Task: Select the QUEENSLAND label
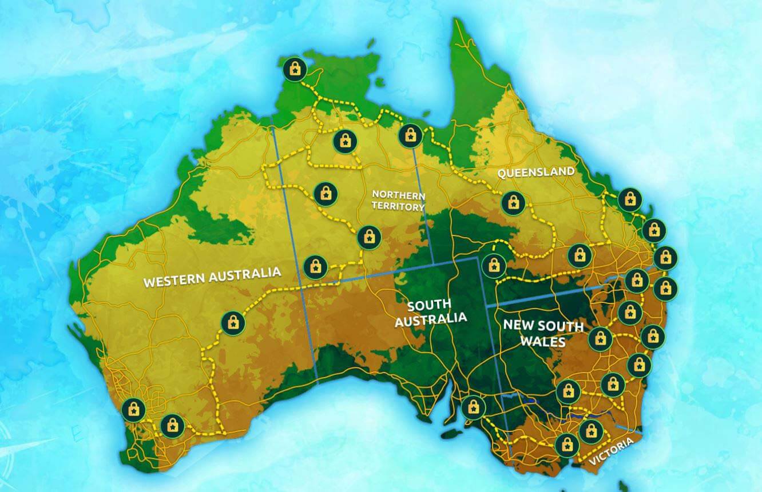[535, 172]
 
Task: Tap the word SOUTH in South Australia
[430, 304]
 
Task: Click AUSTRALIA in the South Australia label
[431, 319]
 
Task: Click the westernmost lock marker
[133, 409]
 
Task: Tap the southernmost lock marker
[566, 444]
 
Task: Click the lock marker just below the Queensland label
[513, 202]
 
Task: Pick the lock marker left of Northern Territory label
[326, 194]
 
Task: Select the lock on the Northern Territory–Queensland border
[410, 135]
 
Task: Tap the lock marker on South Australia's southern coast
[473, 407]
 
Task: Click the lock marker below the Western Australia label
[233, 323]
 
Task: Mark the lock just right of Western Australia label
[315, 266]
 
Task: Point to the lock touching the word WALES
[600, 339]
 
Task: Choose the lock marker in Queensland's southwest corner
[493, 265]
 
